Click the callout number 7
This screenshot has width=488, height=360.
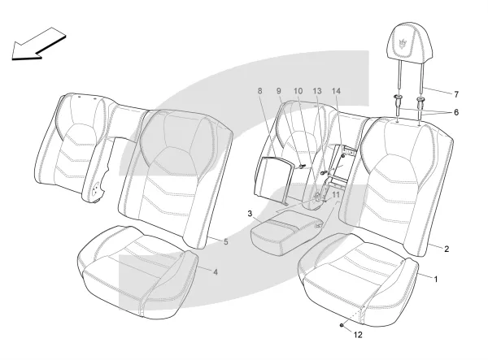coord(456,94)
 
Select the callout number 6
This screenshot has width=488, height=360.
coord(456,112)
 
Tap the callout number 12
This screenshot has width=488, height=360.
coord(358,335)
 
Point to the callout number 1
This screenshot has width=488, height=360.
coord(436,280)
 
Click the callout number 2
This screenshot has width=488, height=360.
coord(447,249)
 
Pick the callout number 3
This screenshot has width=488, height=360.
coord(250,214)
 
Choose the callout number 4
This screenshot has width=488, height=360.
coord(216,272)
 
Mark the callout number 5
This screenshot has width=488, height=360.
coord(226,241)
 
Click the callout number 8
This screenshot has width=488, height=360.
coord(260,91)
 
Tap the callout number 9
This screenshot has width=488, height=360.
coord(278,91)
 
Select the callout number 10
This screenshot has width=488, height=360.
coord(298,91)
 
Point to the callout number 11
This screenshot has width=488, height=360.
coord(336,194)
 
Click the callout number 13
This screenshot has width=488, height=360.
coord(317,91)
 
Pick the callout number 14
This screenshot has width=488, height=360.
coord(336,91)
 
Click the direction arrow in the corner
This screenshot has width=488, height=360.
coord(38,44)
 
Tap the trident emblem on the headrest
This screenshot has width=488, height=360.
coord(403,44)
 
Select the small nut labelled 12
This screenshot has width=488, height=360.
coord(342,325)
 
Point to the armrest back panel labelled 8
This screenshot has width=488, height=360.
coord(273,180)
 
